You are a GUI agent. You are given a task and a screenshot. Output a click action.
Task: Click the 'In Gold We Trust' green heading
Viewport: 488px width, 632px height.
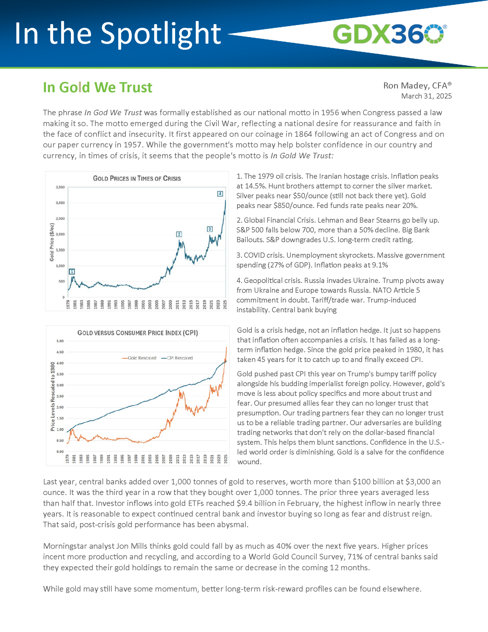97,87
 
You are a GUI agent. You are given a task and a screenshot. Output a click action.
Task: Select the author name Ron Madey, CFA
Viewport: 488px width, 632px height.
417,85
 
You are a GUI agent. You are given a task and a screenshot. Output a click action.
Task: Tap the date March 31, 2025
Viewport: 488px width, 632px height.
426,96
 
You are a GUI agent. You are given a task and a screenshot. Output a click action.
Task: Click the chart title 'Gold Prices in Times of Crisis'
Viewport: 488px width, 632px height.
137,178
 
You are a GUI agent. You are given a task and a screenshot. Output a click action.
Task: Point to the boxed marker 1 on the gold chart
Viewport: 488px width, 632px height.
72,272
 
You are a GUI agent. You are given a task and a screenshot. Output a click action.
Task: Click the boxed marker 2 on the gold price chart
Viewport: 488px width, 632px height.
179,234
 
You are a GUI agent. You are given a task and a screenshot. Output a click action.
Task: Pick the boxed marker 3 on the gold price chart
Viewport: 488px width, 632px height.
210,229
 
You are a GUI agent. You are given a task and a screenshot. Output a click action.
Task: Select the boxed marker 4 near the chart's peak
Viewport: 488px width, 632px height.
220,193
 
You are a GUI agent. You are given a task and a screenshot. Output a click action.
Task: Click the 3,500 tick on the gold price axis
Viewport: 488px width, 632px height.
60,187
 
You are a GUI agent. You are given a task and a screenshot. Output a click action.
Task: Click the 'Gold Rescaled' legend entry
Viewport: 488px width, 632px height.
139,358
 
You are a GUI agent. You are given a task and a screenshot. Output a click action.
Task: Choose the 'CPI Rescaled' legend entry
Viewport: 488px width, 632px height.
177,358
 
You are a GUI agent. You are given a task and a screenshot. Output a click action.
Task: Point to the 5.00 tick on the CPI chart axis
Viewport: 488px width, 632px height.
60,341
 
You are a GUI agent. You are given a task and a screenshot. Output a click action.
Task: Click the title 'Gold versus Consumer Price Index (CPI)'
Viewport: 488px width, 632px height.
137,333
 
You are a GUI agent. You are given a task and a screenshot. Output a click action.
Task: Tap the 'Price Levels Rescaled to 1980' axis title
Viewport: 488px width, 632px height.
53,397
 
